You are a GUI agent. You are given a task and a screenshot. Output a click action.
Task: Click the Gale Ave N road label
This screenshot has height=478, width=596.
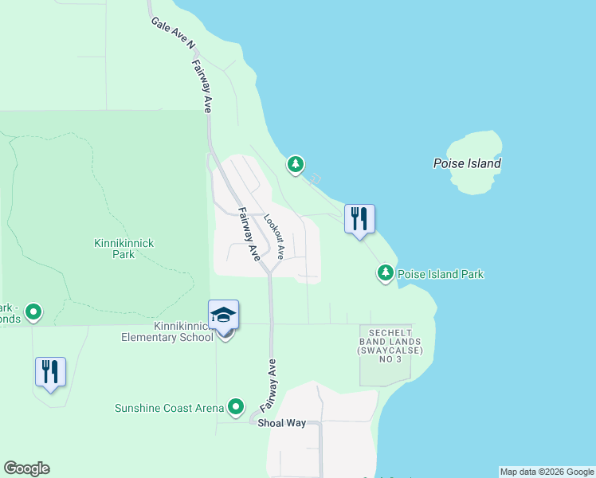(173, 33)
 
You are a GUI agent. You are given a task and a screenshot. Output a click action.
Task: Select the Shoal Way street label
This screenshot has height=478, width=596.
(280, 423)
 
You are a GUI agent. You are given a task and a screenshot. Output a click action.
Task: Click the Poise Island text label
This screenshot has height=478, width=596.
(467, 164)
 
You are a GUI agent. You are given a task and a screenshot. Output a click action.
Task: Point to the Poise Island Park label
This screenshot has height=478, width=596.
(440, 274)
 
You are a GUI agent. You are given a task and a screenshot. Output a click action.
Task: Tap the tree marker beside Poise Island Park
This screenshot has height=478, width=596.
(386, 273)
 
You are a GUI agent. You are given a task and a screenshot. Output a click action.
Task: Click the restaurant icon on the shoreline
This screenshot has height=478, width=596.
(359, 218)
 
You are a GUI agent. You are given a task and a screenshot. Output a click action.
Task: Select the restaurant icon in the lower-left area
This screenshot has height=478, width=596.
(50, 371)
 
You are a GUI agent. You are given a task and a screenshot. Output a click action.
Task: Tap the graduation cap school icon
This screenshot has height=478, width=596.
(224, 315)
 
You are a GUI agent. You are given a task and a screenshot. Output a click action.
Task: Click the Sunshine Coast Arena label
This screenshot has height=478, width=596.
(169, 408)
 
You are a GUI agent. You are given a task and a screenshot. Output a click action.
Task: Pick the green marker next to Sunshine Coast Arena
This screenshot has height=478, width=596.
(236, 408)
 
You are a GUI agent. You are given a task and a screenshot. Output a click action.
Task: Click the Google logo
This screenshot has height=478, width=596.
(26, 468)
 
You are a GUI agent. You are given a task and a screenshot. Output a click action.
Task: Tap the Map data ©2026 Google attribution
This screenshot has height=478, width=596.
(547, 472)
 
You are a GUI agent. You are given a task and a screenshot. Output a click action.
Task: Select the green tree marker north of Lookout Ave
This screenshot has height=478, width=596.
(296, 165)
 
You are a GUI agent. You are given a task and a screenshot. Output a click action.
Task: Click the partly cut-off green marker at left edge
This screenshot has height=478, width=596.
(33, 311)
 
